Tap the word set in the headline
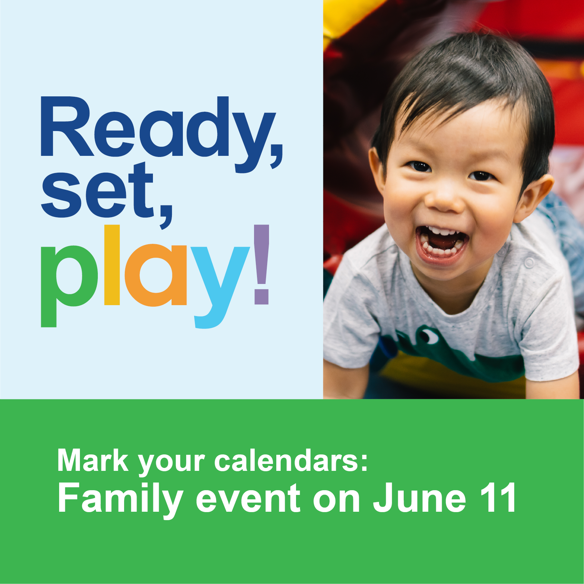pos(97,190)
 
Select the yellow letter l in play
pos(112,265)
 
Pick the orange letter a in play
pos(156,275)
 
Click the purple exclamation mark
pos(261,264)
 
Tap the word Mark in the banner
pos(93,461)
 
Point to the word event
pos(248,499)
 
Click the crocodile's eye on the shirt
pos(429,336)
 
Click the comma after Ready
pos(276,157)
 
